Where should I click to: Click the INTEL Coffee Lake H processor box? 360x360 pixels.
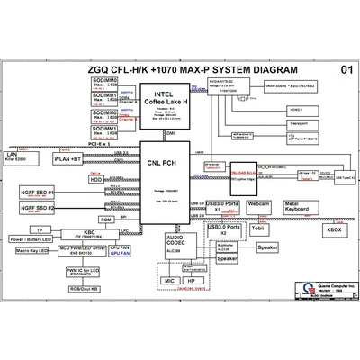pos(164,104)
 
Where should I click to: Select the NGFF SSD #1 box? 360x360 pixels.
pos(37,193)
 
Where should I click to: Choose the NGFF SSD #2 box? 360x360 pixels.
pos(37,210)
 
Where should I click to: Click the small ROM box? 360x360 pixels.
pos(105,219)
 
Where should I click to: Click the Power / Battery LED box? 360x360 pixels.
pos(30,241)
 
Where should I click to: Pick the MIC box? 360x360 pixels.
pos(169,281)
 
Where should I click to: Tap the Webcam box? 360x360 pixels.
pos(259,206)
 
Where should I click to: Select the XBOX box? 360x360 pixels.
pos(334,229)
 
